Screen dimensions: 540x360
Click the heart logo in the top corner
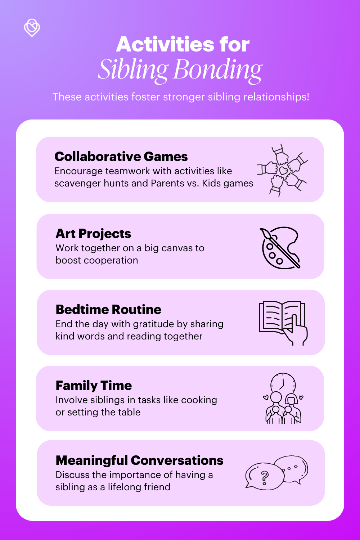(x=32, y=28)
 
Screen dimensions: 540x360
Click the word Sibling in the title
(x=132, y=69)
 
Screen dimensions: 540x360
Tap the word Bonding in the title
(x=218, y=69)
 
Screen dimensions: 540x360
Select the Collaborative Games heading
(x=121, y=157)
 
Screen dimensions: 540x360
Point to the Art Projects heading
(x=93, y=234)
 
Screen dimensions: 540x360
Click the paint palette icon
(x=280, y=248)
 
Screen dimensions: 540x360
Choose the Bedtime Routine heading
(x=108, y=310)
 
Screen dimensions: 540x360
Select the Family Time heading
(x=94, y=386)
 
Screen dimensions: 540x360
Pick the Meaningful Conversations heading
(x=139, y=460)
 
